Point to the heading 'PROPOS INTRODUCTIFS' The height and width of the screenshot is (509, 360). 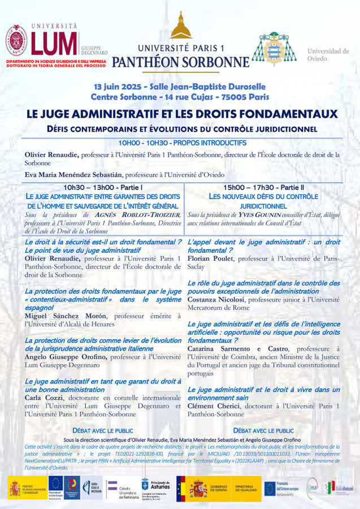tap(215, 143)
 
